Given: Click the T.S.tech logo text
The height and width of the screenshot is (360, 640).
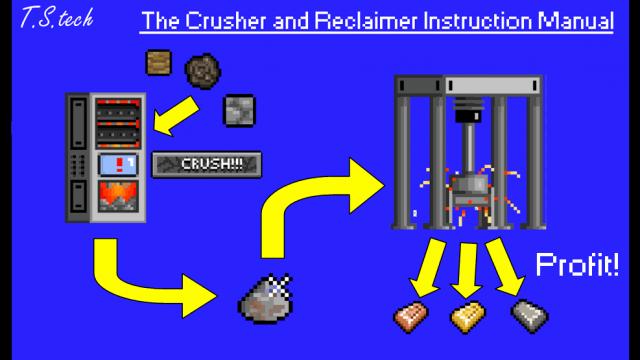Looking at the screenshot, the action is (x=57, y=18).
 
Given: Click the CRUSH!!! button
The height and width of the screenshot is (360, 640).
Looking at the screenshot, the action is (x=207, y=164).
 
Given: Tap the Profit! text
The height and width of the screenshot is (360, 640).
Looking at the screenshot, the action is (x=577, y=264).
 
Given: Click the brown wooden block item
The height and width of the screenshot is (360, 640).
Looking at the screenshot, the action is (x=159, y=62).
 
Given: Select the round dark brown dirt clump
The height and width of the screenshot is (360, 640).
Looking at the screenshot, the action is (x=203, y=71).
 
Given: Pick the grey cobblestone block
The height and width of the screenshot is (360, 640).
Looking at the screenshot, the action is (x=240, y=111).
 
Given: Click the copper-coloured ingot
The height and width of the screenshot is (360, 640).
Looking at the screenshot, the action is (x=411, y=317).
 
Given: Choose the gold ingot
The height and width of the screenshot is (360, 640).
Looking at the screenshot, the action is (x=468, y=317).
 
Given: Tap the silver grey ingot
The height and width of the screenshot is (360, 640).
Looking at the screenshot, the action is (x=530, y=316).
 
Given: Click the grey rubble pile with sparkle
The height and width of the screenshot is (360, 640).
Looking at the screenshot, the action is (x=266, y=299).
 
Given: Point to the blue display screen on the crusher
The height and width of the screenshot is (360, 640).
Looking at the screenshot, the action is (x=118, y=164).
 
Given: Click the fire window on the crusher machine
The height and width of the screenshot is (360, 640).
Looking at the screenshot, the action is (x=118, y=196).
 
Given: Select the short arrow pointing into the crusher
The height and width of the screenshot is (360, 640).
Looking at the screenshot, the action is (x=176, y=116).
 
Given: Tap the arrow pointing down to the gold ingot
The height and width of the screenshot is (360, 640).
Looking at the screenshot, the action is (x=467, y=270).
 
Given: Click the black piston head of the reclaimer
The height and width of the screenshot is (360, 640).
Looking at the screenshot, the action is (x=469, y=110).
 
